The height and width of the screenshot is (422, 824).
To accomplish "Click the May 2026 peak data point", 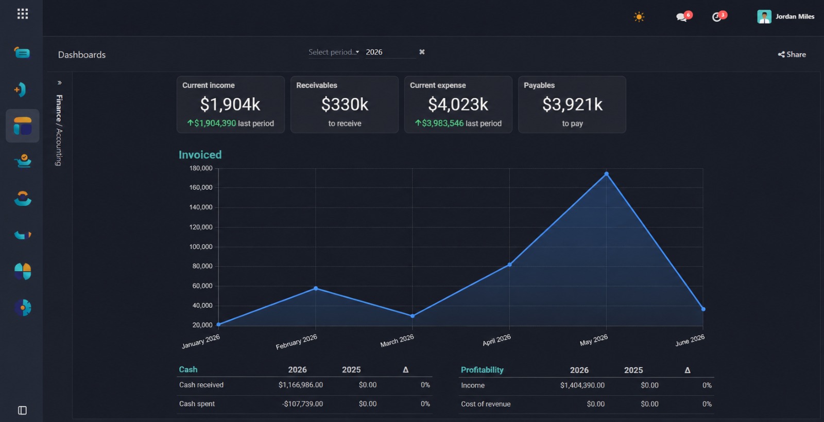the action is [x=606, y=174].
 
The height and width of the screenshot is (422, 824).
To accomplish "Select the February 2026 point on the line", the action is [x=316, y=289].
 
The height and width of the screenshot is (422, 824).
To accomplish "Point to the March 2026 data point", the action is [x=413, y=316].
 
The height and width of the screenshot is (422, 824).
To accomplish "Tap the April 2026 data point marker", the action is [x=509, y=265].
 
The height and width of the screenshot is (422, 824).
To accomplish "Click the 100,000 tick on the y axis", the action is [x=201, y=247].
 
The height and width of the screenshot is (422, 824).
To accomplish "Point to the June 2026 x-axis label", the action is [x=690, y=340].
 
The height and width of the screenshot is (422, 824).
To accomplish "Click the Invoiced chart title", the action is [x=200, y=155].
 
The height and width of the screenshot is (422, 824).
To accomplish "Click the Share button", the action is [x=792, y=55].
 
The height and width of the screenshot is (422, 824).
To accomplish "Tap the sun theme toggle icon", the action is [x=639, y=17].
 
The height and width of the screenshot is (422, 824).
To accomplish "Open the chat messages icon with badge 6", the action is [x=682, y=17].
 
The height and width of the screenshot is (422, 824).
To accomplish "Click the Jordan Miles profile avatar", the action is [x=764, y=16].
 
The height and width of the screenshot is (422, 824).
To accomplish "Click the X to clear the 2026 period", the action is [x=422, y=52].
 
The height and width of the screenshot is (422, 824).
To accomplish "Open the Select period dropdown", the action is [x=334, y=52].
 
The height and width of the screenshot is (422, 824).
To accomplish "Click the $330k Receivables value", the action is [x=345, y=104].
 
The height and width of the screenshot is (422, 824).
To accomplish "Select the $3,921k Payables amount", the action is [x=572, y=104].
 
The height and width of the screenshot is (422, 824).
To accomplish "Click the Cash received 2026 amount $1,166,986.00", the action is [x=301, y=385].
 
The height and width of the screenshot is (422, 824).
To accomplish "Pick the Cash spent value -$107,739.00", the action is [x=302, y=403].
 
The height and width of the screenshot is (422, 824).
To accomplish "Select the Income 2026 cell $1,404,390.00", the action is [x=582, y=385].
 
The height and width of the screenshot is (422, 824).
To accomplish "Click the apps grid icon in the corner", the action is [x=23, y=14].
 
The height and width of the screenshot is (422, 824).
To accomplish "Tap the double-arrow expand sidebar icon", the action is [x=59, y=83].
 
